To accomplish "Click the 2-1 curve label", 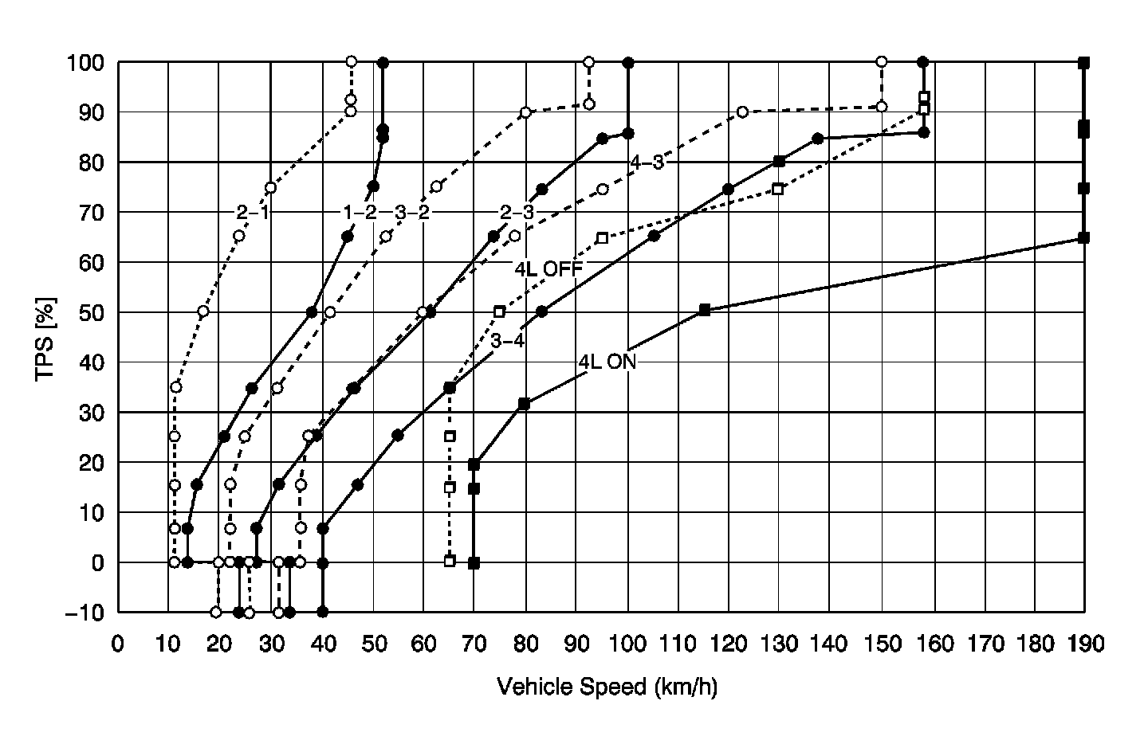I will (251, 213).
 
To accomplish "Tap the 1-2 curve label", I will (359, 213).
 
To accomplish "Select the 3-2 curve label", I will (412, 213).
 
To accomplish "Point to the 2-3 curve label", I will (517, 213).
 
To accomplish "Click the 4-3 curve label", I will (647, 163).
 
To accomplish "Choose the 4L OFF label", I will (548, 268).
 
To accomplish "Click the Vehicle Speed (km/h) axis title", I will (607, 687).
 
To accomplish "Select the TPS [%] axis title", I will (45, 338).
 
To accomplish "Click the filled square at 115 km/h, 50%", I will (704, 310).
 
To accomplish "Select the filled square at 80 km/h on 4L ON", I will (524, 404).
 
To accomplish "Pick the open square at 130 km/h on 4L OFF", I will (778, 190).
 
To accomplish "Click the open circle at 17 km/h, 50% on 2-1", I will (202, 311).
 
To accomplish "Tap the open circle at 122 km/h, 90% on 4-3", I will (742, 112).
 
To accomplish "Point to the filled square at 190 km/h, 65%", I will (1083, 237).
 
